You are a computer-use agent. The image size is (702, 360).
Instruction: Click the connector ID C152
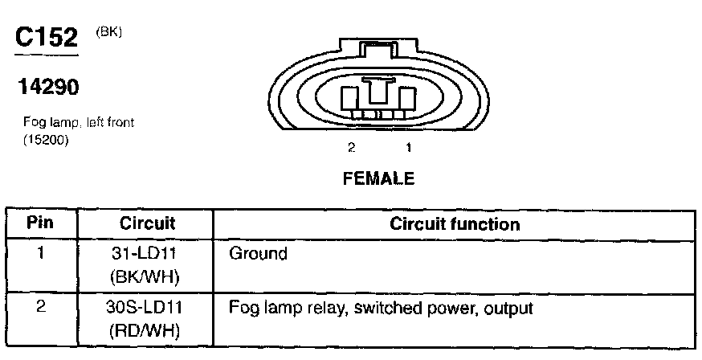[47, 38]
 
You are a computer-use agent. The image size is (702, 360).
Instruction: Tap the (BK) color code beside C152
[108, 32]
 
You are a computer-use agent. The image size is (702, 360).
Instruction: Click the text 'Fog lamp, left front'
[79, 123]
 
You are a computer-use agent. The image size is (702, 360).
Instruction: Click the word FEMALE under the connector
[378, 179]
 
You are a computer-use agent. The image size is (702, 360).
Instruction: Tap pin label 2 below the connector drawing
[351, 148]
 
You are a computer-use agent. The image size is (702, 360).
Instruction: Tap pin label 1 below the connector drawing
[408, 148]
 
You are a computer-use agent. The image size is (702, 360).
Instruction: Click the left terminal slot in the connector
[351, 99]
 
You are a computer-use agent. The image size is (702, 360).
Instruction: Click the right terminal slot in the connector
[406, 99]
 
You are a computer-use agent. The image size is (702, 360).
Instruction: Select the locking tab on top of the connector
[378, 50]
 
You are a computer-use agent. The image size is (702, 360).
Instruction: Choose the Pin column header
[41, 223]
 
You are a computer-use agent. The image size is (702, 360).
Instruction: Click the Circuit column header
[147, 223]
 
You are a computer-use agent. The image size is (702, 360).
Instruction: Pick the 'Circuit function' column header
[455, 224]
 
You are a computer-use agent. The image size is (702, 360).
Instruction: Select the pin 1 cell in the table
[40, 254]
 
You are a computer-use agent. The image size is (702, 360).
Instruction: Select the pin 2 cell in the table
[40, 308]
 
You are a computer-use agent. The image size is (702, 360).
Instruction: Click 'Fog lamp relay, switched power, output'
[382, 308]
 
